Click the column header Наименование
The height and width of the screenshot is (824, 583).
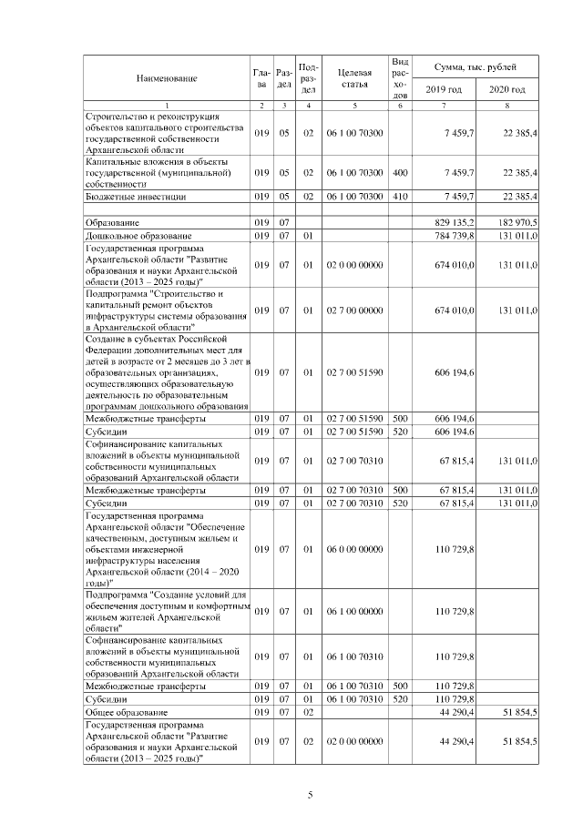[167, 78]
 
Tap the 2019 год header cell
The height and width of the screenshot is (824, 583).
[444, 89]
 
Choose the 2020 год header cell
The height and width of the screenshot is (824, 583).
[506, 89]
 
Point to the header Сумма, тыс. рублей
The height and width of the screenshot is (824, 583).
[475, 67]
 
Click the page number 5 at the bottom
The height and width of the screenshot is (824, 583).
[310, 794]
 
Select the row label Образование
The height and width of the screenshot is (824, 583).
[112, 223]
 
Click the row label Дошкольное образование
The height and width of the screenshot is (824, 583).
[132, 236]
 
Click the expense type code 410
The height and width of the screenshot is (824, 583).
[399, 196]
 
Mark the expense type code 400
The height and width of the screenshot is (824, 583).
[399, 171]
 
